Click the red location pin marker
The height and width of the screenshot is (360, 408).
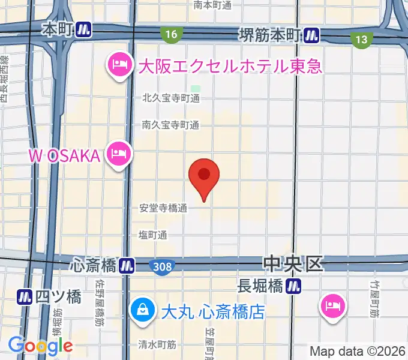pos(204,176)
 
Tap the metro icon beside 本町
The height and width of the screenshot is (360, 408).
pos(84,29)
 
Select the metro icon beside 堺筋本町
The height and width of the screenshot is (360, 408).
pos(311,35)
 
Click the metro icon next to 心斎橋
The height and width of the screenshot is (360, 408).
pos(126,264)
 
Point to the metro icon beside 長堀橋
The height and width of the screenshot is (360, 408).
pos(293,287)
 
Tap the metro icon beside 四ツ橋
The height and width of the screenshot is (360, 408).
pos(25,296)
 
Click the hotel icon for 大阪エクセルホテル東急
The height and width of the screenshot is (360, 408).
pos(119,65)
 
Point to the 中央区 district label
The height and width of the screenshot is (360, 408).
pos(293,263)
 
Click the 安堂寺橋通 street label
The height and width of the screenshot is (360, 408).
pos(163,208)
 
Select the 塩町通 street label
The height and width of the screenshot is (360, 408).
pos(152,235)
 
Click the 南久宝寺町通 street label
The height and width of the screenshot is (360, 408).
pos(170,125)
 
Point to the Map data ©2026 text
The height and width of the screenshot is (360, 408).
pos(358,351)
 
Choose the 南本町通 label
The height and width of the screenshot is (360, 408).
pos(213,5)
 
